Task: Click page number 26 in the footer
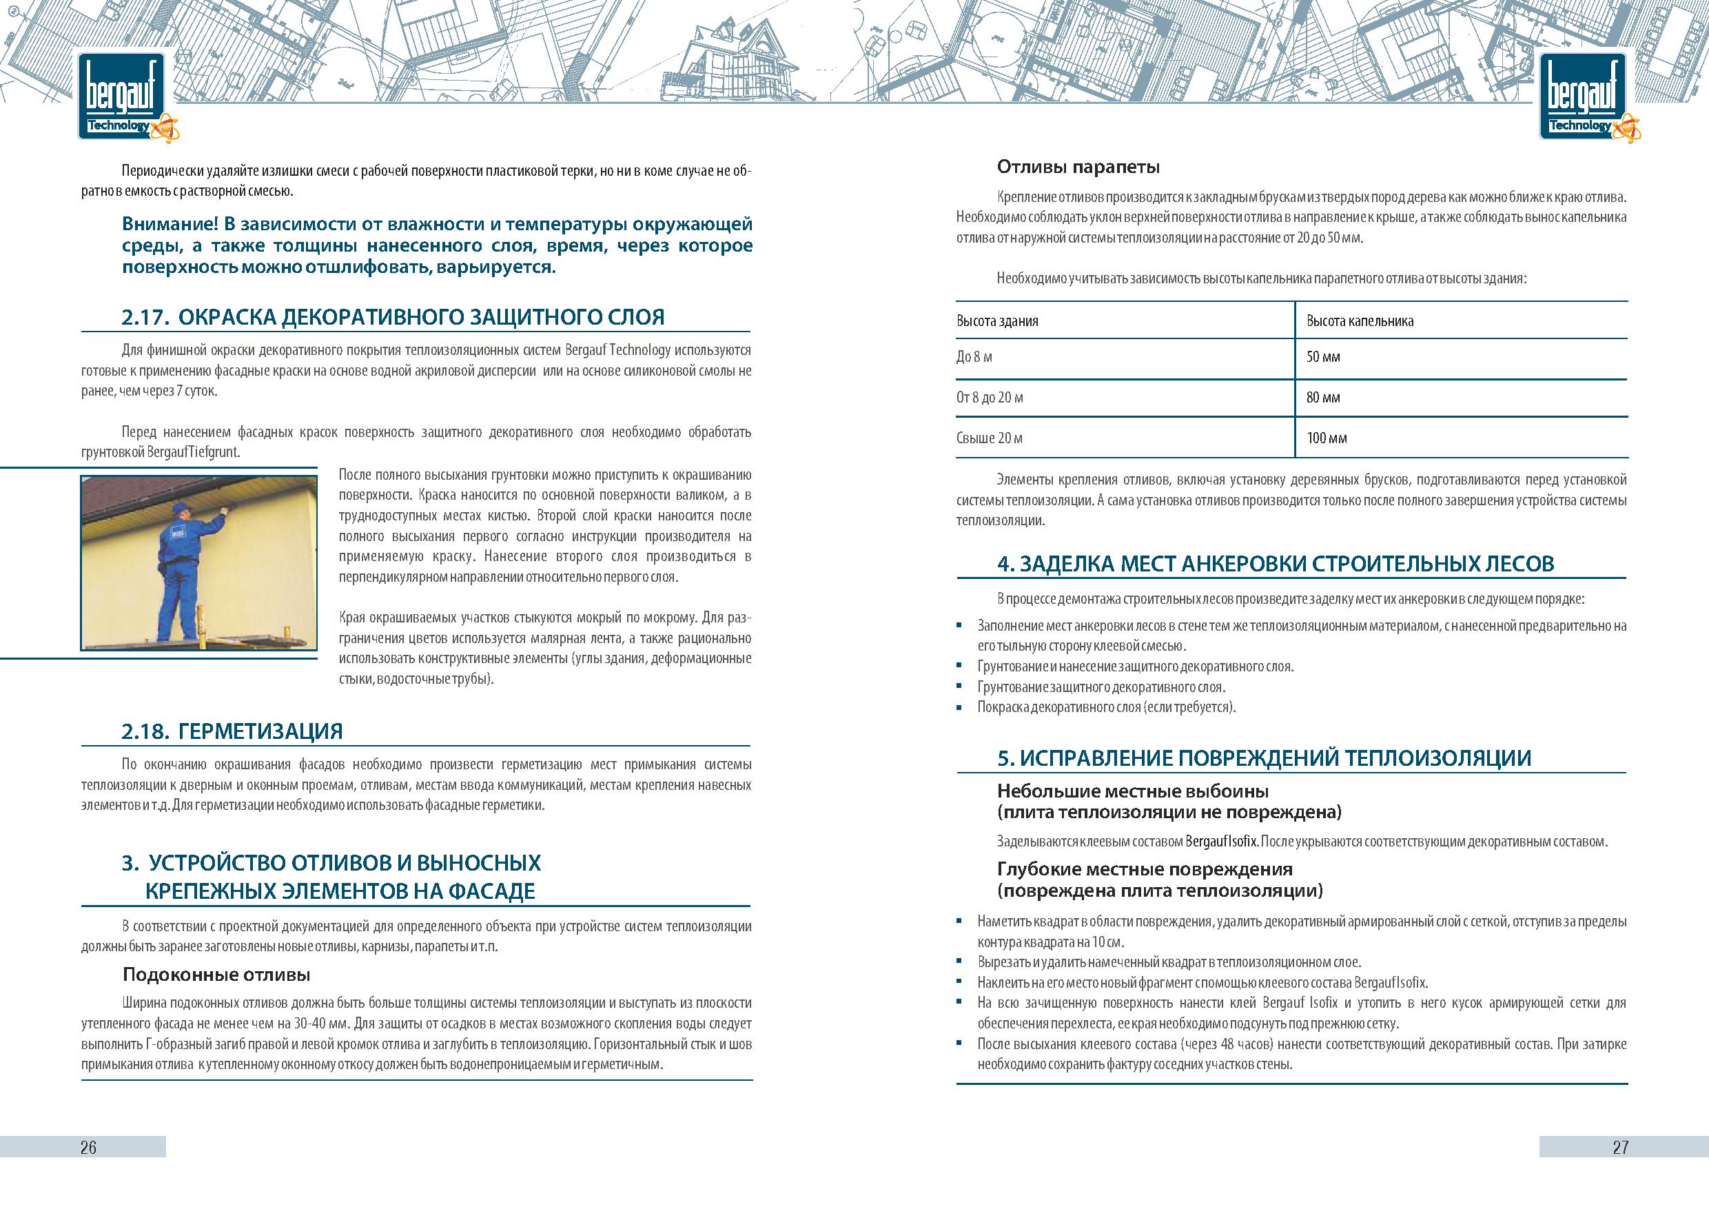point(88,1147)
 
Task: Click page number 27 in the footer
point(1620,1147)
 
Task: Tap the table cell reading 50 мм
point(1322,357)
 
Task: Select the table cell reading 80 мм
point(1322,398)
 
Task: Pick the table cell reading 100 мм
point(1327,438)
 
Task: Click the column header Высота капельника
point(1360,322)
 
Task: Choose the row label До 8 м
point(974,357)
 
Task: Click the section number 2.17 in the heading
point(143,318)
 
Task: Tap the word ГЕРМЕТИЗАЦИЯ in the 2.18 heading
point(260,731)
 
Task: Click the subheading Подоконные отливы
point(216,975)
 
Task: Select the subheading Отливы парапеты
point(1078,167)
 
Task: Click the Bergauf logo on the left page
point(122,96)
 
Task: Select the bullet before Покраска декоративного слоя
point(960,707)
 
